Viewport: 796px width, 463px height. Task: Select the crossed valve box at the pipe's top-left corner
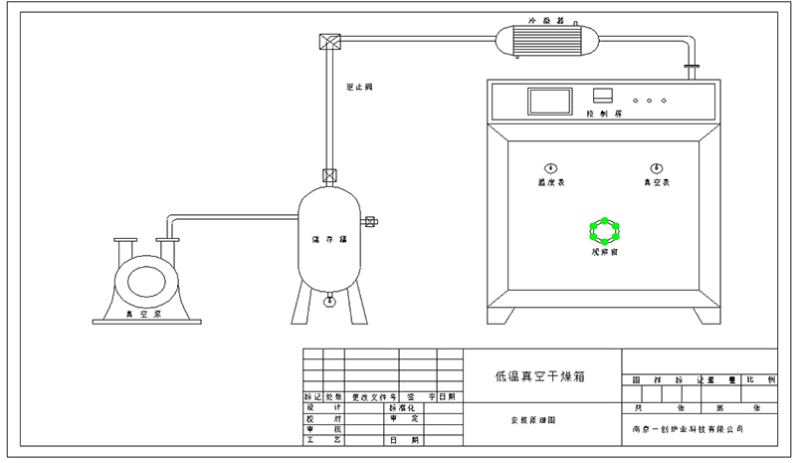tap(329, 42)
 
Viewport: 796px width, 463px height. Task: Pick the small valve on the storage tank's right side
tap(370, 222)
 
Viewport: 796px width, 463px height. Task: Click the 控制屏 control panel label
tap(604, 115)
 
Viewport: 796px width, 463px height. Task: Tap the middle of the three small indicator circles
tap(650, 101)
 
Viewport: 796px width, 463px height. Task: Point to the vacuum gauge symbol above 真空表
tap(656, 167)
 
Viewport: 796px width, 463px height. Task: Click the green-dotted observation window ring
tap(604, 231)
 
